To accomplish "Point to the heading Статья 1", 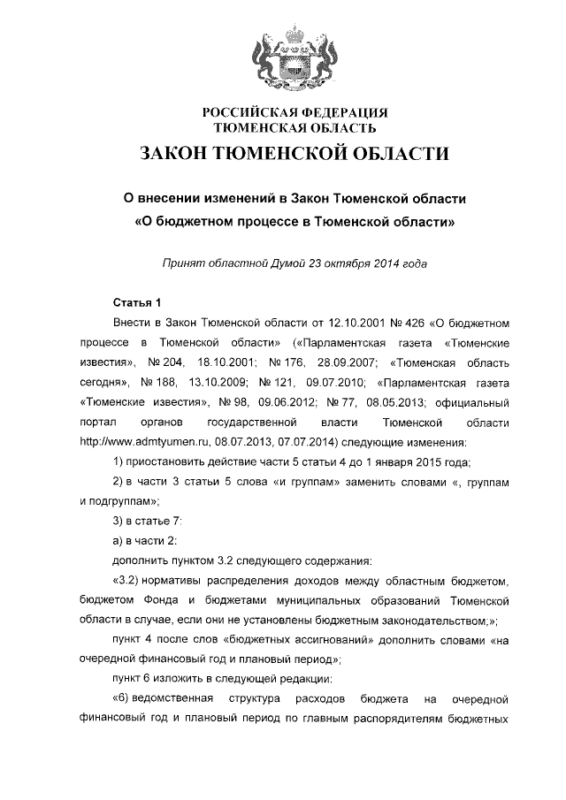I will click(137, 302).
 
